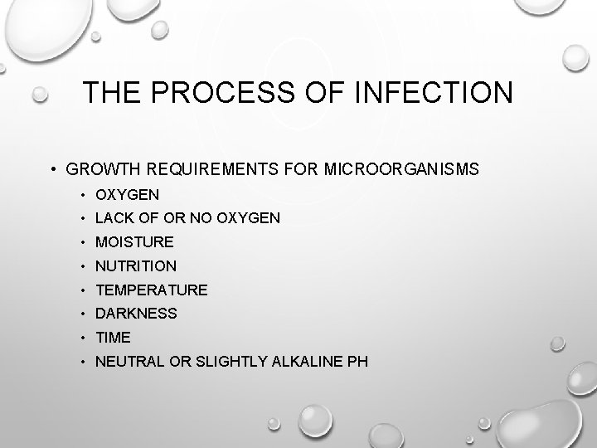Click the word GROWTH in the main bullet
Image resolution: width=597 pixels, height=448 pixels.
pos(104,170)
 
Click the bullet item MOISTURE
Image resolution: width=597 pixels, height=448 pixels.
pos(134,242)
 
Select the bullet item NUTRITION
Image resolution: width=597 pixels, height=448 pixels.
pos(136,266)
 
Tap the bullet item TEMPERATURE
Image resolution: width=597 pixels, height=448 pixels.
pos(152,290)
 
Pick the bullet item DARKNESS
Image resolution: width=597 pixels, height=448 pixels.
pos(136,314)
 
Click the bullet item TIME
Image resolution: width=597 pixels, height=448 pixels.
pos(114,338)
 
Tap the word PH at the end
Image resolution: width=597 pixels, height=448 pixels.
pos(358,362)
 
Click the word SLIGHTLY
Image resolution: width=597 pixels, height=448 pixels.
pos(228,362)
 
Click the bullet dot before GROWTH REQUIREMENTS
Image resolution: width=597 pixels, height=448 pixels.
pos(52,170)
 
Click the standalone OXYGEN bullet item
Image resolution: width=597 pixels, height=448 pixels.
pos(128,194)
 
